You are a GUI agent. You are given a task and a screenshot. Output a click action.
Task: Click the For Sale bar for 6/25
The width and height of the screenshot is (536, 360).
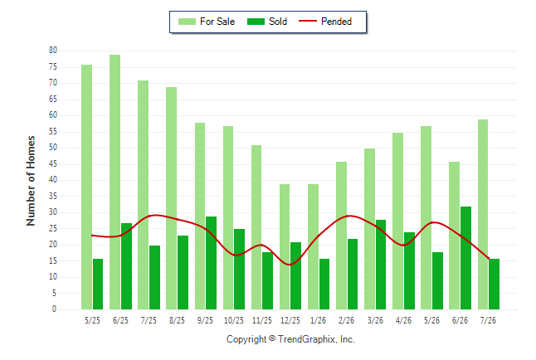(x=115, y=182)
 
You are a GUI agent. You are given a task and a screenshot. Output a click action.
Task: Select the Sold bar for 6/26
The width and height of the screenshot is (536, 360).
(x=465, y=258)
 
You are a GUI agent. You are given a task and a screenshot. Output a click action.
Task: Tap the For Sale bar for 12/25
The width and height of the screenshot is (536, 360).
(x=285, y=247)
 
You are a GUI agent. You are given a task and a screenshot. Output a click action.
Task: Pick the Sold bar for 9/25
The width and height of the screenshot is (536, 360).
(x=212, y=263)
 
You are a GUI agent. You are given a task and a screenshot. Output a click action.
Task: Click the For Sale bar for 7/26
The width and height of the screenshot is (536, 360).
(x=483, y=215)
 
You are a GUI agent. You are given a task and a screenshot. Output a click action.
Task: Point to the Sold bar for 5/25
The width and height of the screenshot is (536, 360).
(x=98, y=285)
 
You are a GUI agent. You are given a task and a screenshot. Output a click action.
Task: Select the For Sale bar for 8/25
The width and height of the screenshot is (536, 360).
(x=172, y=198)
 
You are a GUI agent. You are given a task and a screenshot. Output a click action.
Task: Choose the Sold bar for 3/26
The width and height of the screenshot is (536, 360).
(x=381, y=265)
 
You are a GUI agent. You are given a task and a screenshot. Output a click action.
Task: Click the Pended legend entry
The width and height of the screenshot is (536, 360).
(x=325, y=22)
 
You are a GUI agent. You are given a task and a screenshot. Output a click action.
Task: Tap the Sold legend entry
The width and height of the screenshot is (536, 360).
(x=267, y=22)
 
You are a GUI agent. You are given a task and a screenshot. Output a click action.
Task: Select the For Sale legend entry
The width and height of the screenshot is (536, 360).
(x=207, y=22)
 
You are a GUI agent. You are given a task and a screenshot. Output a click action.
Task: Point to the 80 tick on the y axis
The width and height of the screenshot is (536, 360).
(x=53, y=51)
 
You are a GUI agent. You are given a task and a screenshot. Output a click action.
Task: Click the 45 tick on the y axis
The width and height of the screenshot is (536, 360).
(x=53, y=163)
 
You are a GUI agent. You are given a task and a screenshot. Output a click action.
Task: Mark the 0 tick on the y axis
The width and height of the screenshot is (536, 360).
(x=55, y=309)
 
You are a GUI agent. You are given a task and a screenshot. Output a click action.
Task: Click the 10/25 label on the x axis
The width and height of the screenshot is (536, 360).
(x=234, y=320)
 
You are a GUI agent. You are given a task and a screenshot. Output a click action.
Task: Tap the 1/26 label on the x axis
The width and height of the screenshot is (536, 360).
(x=319, y=320)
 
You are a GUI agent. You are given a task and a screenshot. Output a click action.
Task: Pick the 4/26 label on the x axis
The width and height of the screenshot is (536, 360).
(x=403, y=320)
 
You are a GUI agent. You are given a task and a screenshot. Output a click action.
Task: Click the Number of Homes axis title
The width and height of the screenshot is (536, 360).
(x=31, y=181)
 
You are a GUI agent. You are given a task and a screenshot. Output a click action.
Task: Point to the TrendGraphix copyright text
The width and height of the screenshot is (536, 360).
(x=290, y=339)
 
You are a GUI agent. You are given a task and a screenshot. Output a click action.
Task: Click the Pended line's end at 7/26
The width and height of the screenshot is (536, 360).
(x=489, y=259)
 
